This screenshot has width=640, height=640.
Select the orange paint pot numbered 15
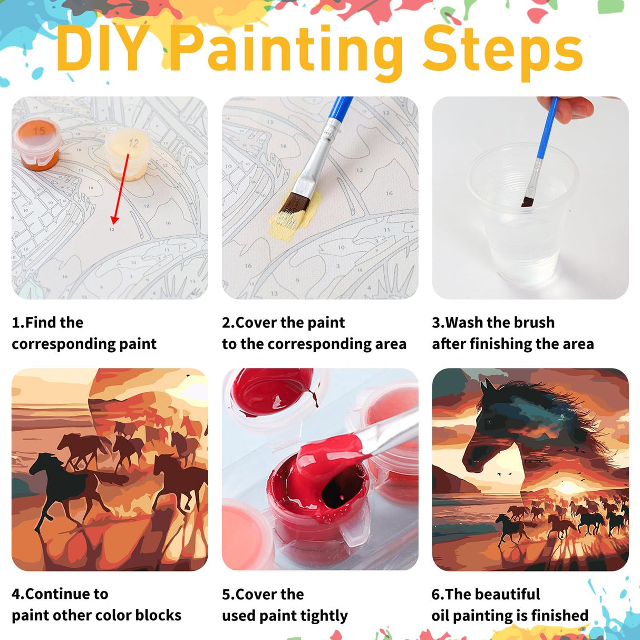(x=37, y=142)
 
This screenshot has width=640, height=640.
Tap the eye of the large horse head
(x=490, y=422)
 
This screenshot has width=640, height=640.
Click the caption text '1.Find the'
(x=47, y=322)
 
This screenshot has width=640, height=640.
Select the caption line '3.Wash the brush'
(x=493, y=322)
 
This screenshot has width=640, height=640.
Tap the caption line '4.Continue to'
(x=60, y=594)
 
